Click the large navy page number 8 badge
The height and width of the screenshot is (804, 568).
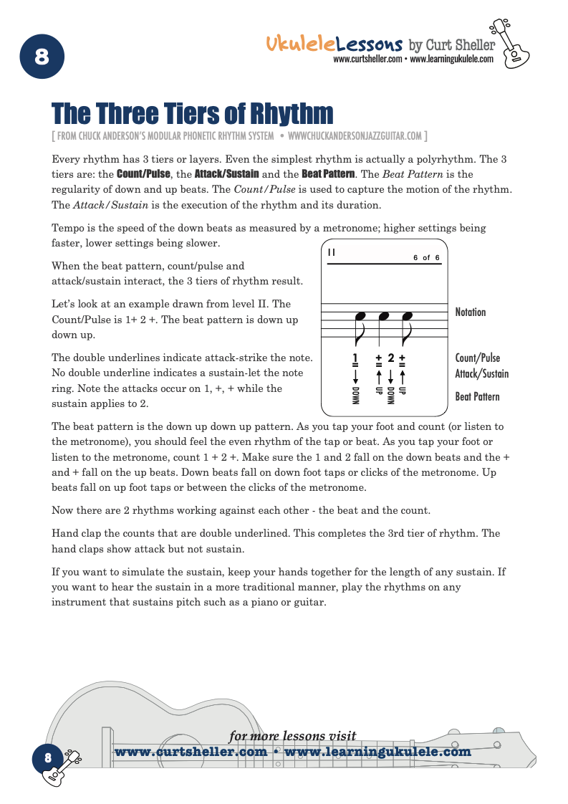pos(42,57)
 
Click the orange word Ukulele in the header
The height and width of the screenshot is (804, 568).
pos(300,44)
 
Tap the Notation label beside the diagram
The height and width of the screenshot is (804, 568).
pos(470,312)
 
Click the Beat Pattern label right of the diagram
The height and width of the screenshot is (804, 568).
pos(477,396)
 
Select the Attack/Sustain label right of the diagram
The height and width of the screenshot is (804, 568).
pos(481,373)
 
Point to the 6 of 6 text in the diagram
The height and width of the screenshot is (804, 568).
pos(426,257)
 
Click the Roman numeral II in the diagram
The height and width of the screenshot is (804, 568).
pos(331,252)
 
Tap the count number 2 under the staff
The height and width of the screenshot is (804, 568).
pos(390,358)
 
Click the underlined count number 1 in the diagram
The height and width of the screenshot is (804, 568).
pos(355,358)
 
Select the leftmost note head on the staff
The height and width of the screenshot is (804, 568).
pos(360,316)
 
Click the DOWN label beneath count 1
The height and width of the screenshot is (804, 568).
pos(355,396)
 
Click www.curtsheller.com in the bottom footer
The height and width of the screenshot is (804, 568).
pos(191,752)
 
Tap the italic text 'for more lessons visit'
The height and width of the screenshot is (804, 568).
pos(292,735)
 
